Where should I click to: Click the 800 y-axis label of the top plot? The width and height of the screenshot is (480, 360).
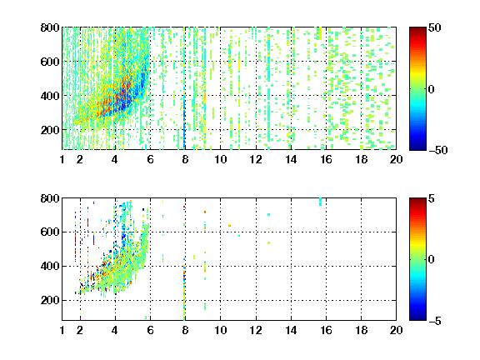pos(50,27)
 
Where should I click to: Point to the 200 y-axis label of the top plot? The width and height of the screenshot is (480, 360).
pos(50,130)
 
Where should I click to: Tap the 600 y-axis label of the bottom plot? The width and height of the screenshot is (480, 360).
pos(50,232)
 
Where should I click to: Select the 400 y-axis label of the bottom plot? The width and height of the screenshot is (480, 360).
pos(50,266)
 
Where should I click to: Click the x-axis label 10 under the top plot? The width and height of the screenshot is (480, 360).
pos(220,159)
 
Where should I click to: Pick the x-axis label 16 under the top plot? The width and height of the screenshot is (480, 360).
pos(327,159)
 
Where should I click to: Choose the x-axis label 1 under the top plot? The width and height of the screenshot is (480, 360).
pos(62,159)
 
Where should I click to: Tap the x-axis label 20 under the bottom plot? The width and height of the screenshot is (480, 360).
pos(396,330)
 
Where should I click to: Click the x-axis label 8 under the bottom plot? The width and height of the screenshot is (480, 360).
pos(185,330)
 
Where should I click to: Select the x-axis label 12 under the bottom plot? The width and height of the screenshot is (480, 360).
pos(256,330)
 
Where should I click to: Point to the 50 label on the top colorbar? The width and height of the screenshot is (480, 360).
pos(434,27)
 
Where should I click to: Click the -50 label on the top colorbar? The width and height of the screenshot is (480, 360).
pos(438,150)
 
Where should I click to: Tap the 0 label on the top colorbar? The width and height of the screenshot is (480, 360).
pos(431,89)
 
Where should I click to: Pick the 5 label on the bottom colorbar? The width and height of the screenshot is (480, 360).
pos(431,198)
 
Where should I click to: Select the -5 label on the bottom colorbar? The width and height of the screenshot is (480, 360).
pos(435,321)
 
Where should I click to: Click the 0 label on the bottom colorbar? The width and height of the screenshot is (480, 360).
pos(431,260)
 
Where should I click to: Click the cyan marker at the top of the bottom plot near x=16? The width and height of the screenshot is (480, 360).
pos(321,202)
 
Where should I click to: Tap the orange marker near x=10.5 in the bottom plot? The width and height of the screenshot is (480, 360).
pos(229,226)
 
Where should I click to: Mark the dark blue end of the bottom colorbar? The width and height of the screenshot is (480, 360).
pos(417,318)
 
